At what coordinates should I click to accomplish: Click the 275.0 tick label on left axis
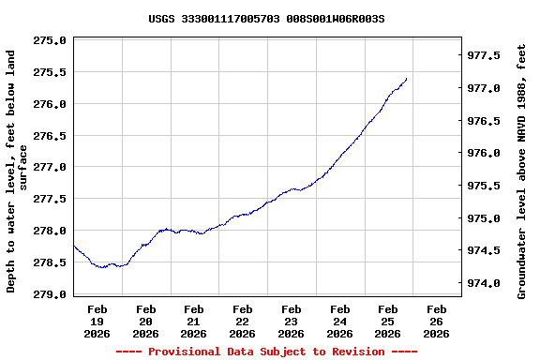pyautogui.click(x=49, y=40)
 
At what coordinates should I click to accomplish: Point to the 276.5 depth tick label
pyautogui.click(x=49, y=136)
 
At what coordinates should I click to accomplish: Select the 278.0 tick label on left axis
pyautogui.click(x=49, y=231)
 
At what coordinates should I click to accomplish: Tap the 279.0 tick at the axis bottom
pyautogui.click(x=49, y=294)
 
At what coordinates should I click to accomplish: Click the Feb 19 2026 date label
pyautogui.click(x=97, y=321)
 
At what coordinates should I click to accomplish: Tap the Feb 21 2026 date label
pyautogui.click(x=194, y=321)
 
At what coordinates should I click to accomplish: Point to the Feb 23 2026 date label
pyautogui.click(x=291, y=321)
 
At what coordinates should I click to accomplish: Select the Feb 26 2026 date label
pyautogui.click(x=436, y=321)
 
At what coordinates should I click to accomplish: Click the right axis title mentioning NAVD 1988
pyautogui.click(x=522, y=172)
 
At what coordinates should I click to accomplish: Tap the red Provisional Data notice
pyautogui.click(x=266, y=352)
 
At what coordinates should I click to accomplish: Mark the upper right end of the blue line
pyautogui.click(x=406, y=79)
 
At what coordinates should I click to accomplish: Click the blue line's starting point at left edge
pyautogui.click(x=74, y=246)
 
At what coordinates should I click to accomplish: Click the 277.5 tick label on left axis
pyautogui.click(x=49, y=199)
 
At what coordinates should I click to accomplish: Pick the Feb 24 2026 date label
pyautogui.click(x=339, y=321)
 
